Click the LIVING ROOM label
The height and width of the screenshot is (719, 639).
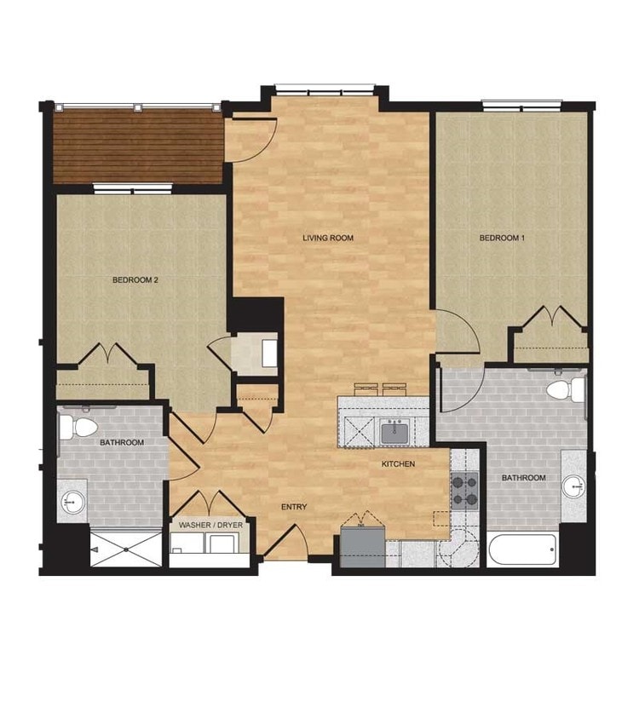327,238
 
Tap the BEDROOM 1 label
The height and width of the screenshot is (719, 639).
502,238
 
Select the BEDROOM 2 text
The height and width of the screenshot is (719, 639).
135,279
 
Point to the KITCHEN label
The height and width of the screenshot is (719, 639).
398,464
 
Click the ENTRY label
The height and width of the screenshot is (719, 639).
294,507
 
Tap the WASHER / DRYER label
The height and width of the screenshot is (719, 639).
210,526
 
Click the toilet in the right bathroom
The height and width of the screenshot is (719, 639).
563,391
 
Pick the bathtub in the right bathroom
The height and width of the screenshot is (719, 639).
522,549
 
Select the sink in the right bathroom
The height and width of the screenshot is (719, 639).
574,486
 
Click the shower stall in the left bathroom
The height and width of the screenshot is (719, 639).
126,549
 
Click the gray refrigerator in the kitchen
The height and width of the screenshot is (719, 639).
362,547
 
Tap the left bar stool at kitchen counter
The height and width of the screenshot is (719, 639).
366,388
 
